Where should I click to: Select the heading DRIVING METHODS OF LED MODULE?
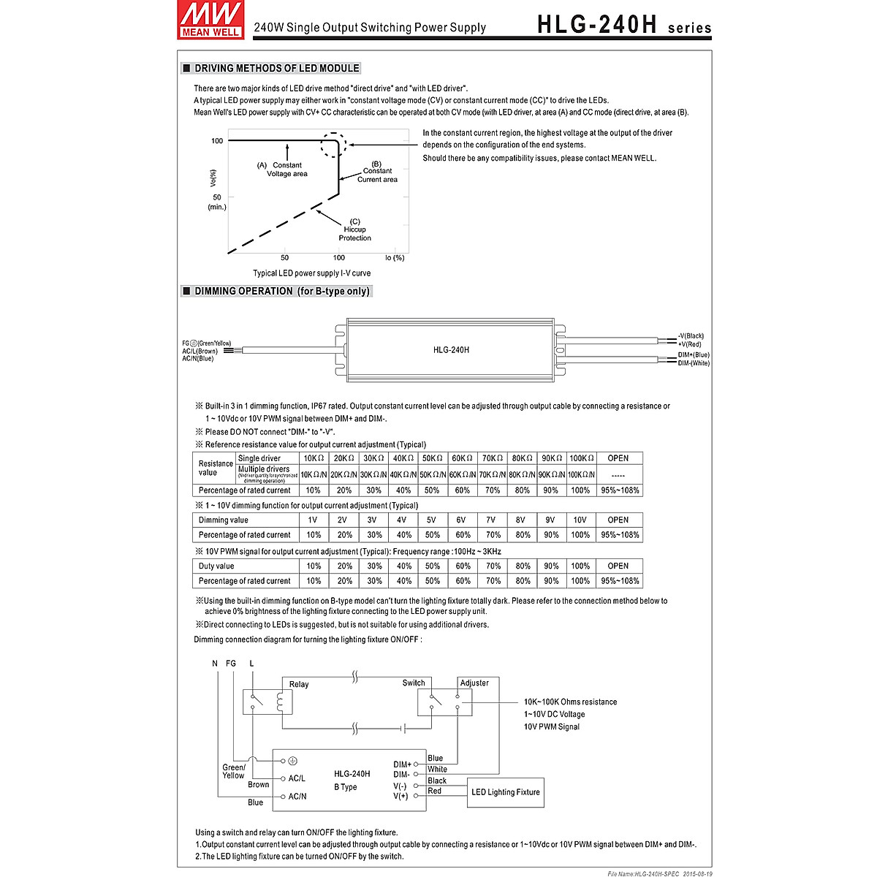click(x=276, y=69)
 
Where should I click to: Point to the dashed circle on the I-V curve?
click(x=332, y=144)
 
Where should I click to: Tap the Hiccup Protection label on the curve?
click(x=354, y=229)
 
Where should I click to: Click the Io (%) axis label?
click(x=395, y=258)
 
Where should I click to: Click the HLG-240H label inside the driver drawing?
click(x=451, y=350)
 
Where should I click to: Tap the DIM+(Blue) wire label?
click(x=693, y=354)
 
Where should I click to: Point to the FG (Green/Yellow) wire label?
click(x=207, y=343)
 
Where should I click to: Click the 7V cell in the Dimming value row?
click(x=491, y=520)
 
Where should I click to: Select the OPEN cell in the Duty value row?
click(x=618, y=566)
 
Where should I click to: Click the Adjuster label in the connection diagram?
click(x=474, y=683)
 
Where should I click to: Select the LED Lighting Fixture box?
click(x=506, y=792)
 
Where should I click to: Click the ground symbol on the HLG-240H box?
click(x=293, y=761)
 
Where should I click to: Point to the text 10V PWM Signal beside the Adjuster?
click(x=551, y=727)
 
